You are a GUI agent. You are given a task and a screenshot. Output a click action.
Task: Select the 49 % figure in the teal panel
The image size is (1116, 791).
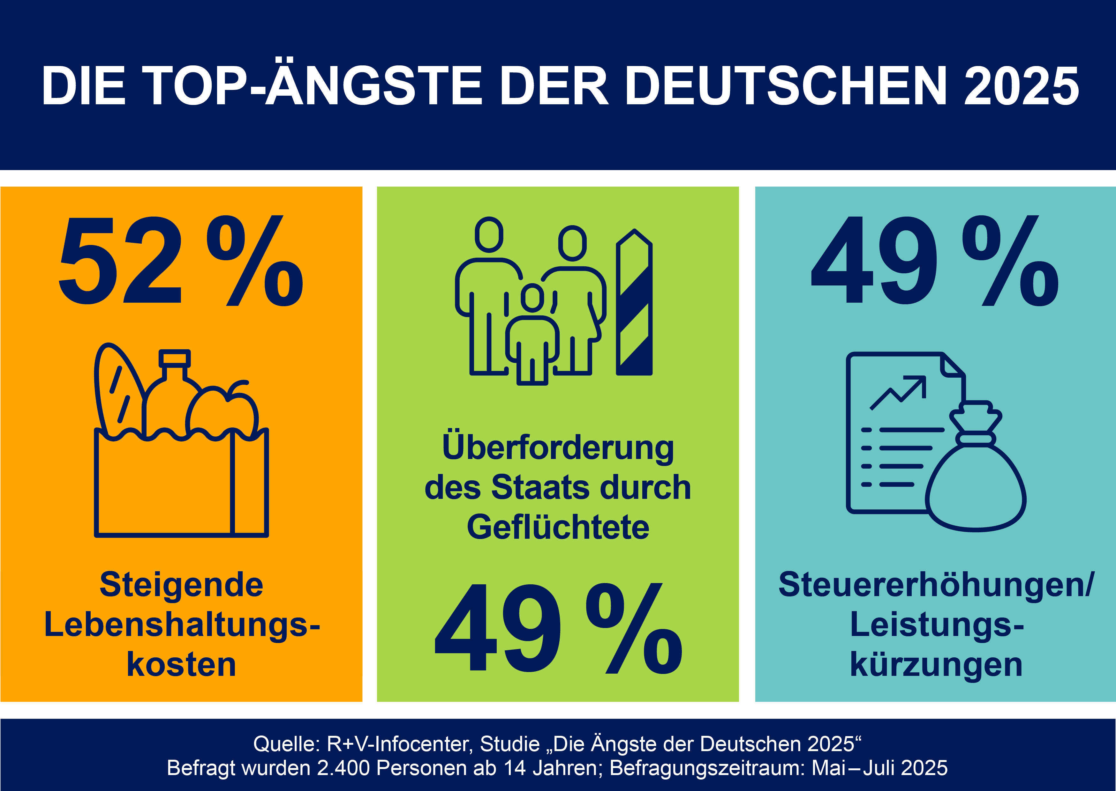tap(935, 261)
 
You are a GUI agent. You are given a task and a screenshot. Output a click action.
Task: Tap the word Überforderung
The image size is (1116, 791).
tap(558, 447)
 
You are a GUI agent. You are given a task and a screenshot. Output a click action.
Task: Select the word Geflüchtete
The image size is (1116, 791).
tap(558, 527)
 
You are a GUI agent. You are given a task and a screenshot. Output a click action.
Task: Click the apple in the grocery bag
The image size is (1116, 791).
tap(222, 411)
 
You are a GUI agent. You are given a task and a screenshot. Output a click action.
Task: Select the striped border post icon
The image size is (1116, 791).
tap(634, 302)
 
